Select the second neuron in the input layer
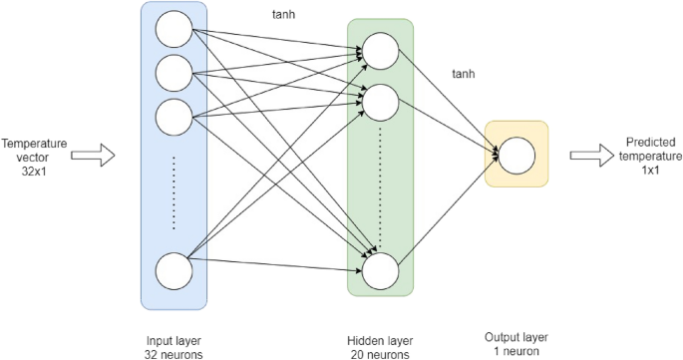(173, 73)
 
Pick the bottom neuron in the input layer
(173, 270)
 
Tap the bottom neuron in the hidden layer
(380, 270)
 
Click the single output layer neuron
(515, 156)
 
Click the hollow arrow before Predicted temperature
(591, 156)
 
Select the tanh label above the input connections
(284, 16)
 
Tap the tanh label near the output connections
(463, 75)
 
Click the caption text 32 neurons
(172, 353)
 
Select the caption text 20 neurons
(379, 353)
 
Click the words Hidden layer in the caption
(379, 339)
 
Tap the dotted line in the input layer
(173, 190)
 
